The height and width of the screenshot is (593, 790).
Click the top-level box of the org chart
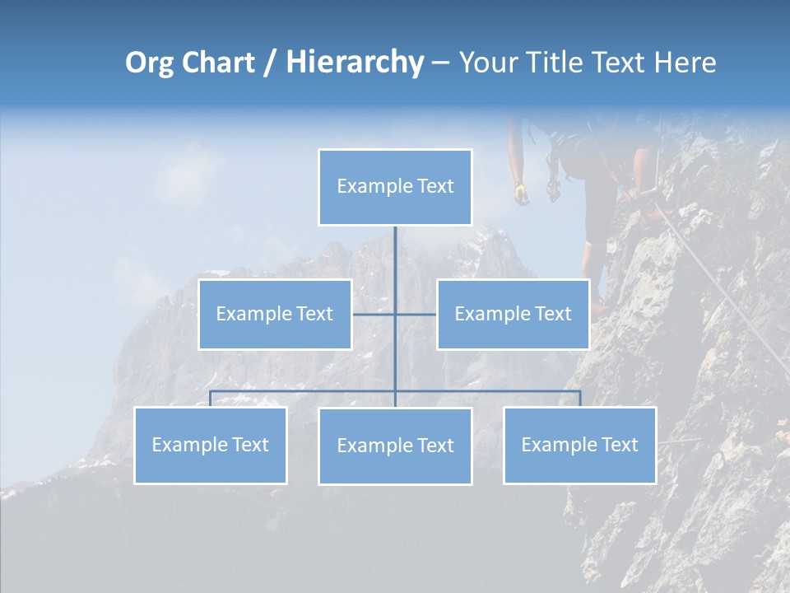395,187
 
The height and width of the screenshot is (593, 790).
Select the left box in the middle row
275,314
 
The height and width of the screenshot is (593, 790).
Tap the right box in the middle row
513,314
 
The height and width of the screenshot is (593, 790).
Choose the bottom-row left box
210,445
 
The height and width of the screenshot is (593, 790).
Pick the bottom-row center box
395,446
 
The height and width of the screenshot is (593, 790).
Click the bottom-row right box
579,445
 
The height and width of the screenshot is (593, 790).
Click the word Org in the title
149,63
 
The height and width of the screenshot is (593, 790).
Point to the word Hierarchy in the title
355,63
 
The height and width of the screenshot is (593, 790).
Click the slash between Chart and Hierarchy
270,63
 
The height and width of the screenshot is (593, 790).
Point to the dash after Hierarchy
440,63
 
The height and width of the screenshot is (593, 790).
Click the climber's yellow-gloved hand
521,193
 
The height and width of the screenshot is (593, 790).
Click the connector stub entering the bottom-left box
210,399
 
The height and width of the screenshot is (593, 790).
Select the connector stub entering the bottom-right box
580,399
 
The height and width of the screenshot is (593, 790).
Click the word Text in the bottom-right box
619,445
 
